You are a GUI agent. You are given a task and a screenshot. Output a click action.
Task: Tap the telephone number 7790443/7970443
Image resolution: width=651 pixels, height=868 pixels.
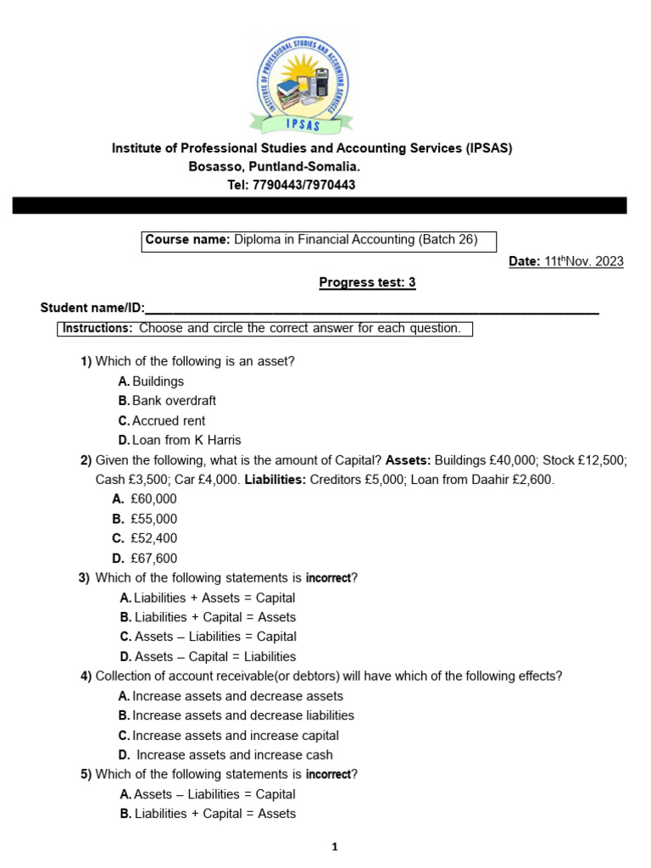(303, 185)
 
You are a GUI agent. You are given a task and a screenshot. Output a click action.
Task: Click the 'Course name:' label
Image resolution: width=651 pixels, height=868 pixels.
(187, 240)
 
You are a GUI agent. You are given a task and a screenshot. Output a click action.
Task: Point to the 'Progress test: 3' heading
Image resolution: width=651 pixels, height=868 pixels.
(367, 283)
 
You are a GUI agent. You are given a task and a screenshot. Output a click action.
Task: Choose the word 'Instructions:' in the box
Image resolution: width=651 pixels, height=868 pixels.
(97, 328)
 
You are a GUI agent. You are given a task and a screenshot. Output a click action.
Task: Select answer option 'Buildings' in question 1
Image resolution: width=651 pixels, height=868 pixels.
(158, 381)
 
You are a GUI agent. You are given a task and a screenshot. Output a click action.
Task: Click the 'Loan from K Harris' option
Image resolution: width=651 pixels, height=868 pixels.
(186, 440)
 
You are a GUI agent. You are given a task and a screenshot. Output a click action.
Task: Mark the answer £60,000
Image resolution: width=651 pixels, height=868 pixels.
(153, 499)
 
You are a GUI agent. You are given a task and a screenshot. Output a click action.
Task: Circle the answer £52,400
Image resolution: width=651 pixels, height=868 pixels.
(153, 538)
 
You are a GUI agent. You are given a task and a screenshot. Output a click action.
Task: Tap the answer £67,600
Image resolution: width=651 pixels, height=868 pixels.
(153, 558)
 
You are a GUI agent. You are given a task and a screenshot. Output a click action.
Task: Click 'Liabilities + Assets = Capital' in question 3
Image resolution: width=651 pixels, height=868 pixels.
(214, 598)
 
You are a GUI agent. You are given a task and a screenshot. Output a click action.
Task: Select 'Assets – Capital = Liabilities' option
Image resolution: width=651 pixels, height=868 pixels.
(214, 656)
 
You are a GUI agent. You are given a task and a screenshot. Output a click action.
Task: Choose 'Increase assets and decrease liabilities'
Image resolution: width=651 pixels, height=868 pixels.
(243, 715)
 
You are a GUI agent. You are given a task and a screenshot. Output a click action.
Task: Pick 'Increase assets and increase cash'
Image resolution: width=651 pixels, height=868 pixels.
(234, 754)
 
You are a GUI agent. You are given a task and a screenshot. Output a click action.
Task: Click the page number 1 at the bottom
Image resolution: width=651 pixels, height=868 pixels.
(335, 846)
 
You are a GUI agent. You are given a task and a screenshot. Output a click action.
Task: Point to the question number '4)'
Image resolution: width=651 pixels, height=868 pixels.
(86, 676)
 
